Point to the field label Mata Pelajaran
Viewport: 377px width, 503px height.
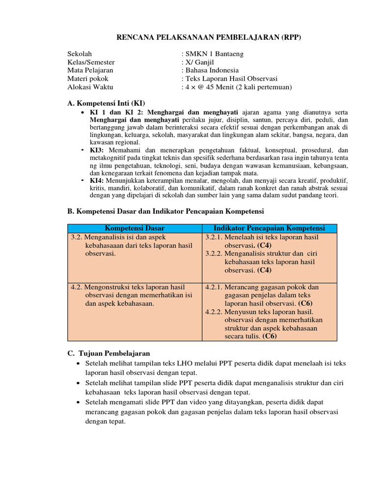(x=90, y=70)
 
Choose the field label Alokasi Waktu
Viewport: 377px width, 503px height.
(x=90, y=87)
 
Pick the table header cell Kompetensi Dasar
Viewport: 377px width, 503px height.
(x=135, y=228)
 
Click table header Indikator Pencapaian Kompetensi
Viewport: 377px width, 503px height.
(x=270, y=228)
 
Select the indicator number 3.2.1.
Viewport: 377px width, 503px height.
(x=214, y=237)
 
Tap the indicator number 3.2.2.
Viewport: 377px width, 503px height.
(x=214, y=254)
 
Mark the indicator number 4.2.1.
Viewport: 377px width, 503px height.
(x=214, y=287)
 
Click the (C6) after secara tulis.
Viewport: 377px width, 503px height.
(x=269, y=336)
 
